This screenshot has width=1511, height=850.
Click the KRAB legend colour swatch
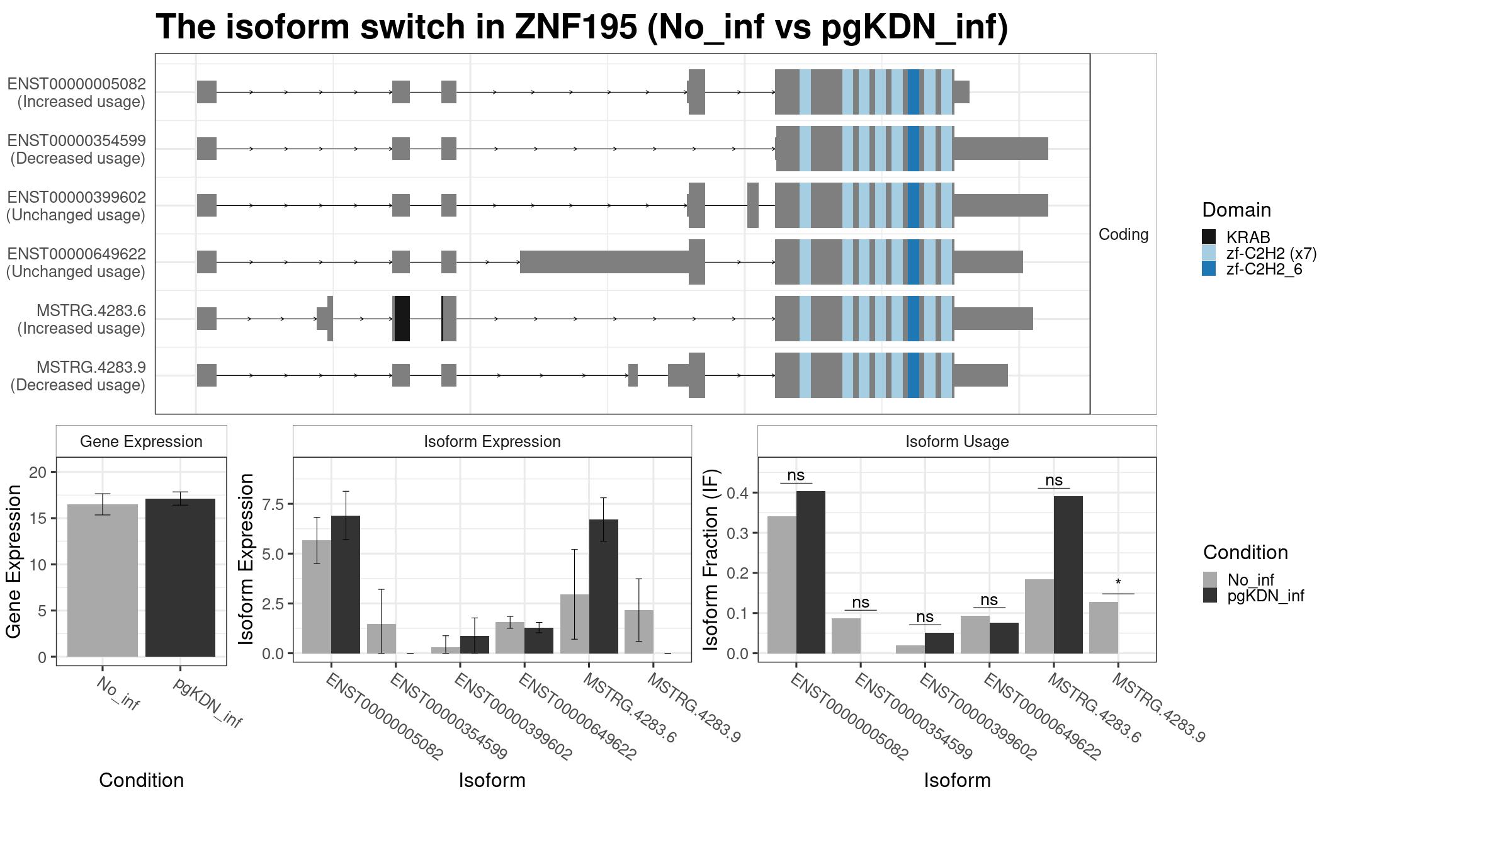[x=1209, y=237]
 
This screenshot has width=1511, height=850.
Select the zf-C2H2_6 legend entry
[x=1252, y=269]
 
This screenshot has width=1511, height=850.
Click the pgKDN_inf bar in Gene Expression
[x=180, y=577]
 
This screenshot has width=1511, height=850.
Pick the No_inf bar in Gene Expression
[x=103, y=581]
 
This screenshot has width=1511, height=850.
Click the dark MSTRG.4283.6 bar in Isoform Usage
[x=1068, y=575]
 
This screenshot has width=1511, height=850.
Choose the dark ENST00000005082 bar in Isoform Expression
[x=346, y=584]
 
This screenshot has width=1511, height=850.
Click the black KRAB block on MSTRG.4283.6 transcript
[x=402, y=319]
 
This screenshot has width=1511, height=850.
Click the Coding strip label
[x=1124, y=234]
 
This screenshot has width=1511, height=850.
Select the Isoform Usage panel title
[x=957, y=441]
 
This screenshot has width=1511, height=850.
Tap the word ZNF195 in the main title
[x=575, y=27]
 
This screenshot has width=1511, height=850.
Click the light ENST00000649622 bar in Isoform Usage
[x=975, y=635]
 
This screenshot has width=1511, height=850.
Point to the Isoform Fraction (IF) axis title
[x=711, y=559]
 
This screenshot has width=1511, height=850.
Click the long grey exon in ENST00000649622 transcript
[x=604, y=262]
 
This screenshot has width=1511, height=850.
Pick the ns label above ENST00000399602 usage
[x=925, y=616]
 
